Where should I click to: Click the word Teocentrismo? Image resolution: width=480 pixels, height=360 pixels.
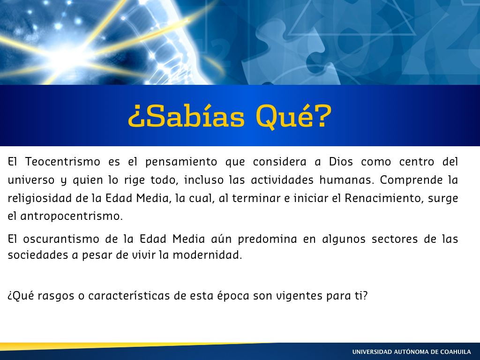(x=63, y=162)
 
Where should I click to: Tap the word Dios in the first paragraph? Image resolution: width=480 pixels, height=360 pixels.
(x=341, y=162)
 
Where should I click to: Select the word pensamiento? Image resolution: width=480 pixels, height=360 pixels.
(x=181, y=162)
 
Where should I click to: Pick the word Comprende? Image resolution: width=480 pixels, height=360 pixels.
(x=411, y=180)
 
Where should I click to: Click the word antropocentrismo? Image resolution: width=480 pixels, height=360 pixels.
(x=71, y=217)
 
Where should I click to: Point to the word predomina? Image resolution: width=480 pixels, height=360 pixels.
(x=267, y=240)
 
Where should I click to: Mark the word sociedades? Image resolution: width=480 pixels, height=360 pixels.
(x=38, y=255)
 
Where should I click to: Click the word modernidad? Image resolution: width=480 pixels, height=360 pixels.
(x=207, y=255)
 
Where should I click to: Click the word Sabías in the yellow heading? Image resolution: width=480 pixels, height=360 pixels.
(x=187, y=117)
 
